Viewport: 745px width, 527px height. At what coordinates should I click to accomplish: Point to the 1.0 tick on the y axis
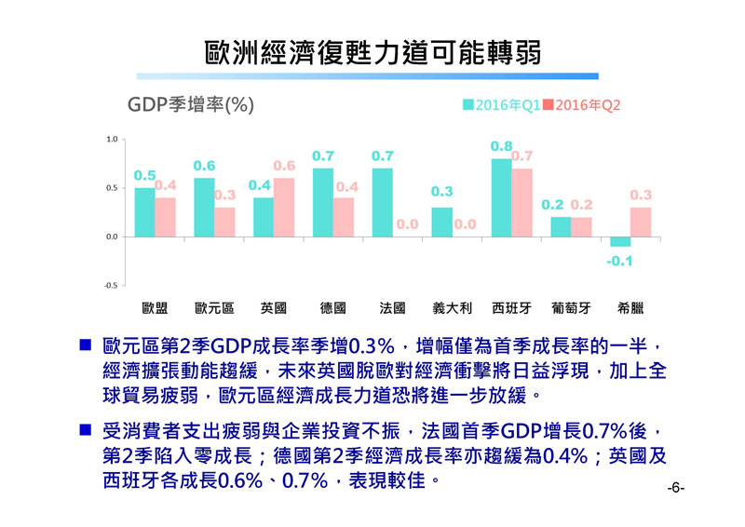(x=111, y=140)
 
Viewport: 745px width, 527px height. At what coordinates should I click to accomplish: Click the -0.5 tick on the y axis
(x=110, y=285)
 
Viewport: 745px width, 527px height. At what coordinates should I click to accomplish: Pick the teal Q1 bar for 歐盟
(x=144, y=213)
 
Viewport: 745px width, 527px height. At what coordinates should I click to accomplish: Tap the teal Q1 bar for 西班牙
(x=501, y=198)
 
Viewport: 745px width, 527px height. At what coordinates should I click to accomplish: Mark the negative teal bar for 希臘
(x=620, y=241)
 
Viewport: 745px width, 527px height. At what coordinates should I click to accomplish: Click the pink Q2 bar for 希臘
(x=641, y=223)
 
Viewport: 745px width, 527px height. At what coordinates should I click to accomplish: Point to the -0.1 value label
(x=619, y=261)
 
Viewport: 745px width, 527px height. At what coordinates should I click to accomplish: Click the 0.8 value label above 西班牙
(x=501, y=146)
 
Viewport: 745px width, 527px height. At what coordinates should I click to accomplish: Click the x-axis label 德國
(x=332, y=307)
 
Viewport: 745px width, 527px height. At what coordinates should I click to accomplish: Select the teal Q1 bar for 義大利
(x=442, y=223)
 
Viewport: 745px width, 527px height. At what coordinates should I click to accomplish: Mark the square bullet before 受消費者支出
(x=85, y=430)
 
